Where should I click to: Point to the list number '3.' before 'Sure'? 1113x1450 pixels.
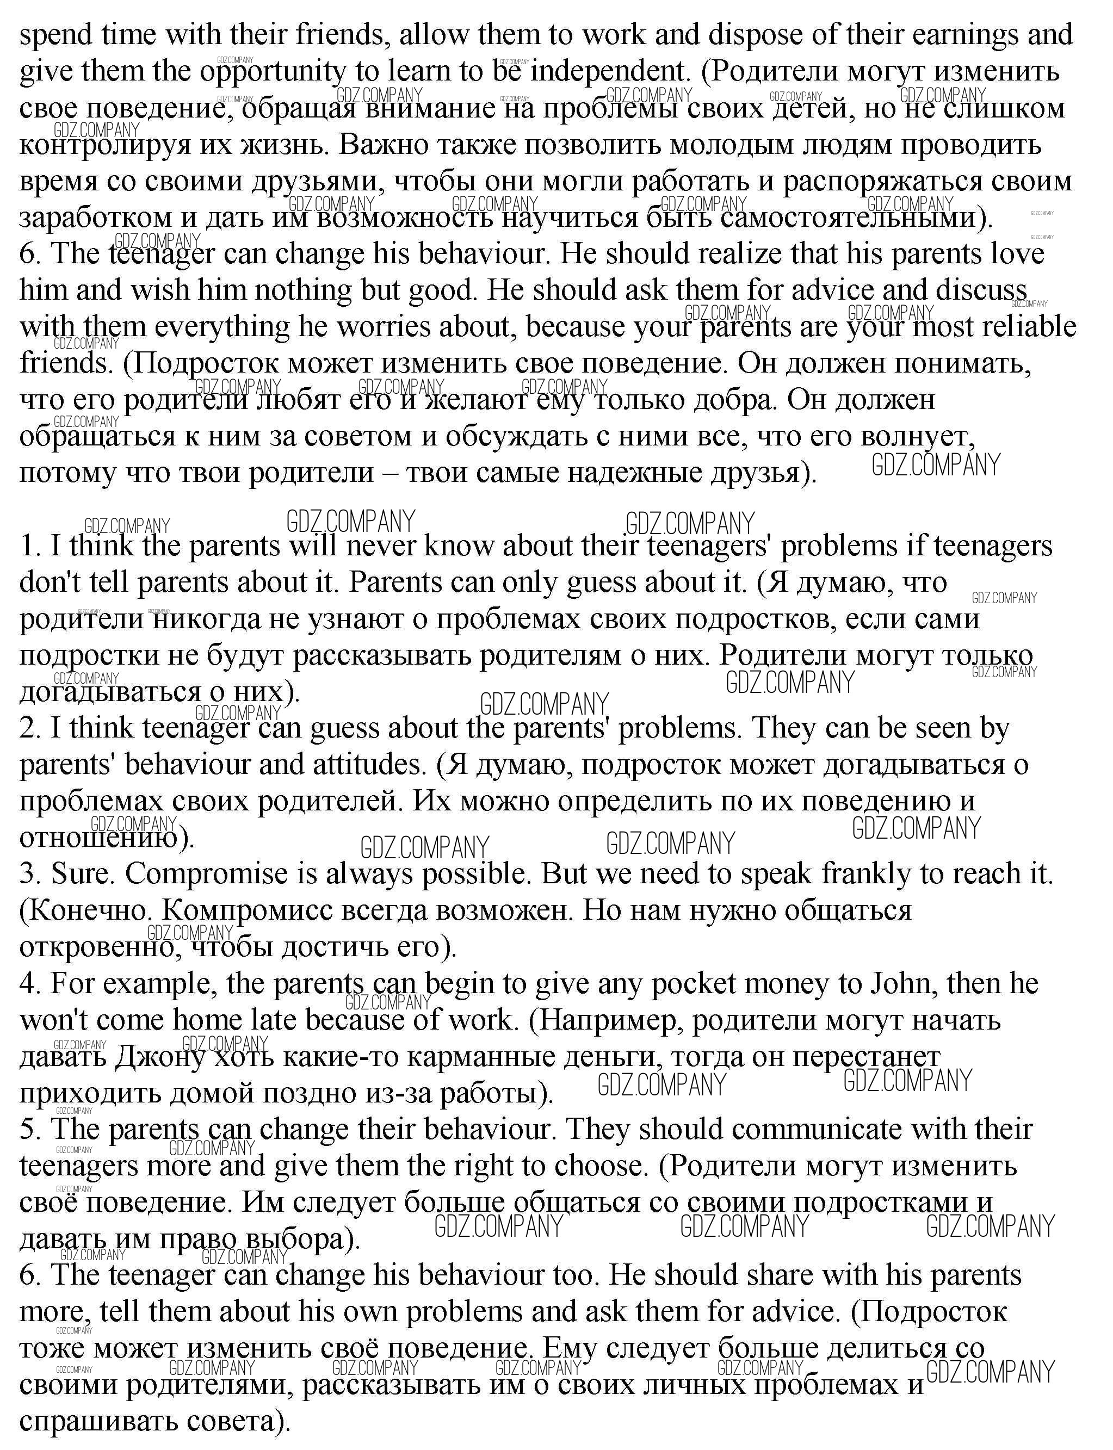(30, 875)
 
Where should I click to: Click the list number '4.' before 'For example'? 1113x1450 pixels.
(30, 984)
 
